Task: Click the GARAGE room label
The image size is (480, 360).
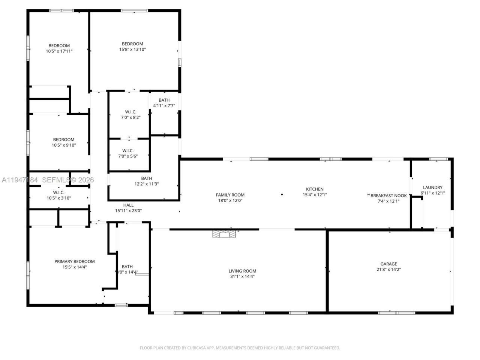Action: pos(388,264)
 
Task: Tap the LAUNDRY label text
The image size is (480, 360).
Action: pos(432,187)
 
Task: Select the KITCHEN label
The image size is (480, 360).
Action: pos(315,189)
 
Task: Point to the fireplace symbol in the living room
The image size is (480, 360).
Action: pos(224,234)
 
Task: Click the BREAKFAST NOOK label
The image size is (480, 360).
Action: pos(388,196)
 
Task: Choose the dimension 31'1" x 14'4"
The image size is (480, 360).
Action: pos(242,276)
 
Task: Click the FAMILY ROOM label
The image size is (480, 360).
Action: pos(230,195)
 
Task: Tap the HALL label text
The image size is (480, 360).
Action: pos(128,205)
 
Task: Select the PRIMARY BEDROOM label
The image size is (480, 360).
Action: pos(75,262)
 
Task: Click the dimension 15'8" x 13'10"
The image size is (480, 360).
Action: pos(132,49)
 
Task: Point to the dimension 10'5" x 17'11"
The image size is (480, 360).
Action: pos(59,51)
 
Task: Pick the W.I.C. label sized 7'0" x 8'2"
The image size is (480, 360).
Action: pos(130,112)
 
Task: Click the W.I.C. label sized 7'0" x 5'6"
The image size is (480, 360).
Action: pos(128,151)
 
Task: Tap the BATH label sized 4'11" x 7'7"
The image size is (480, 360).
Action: pos(164,100)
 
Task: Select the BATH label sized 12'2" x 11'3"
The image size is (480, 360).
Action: pos(147,178)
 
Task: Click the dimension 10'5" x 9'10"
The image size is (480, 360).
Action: pos(64,145)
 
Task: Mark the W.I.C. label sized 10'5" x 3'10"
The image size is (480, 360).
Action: pos(59,192)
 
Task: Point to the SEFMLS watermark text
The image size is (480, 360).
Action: pos(55,180)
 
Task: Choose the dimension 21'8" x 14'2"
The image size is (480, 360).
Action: pos(388,269)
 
